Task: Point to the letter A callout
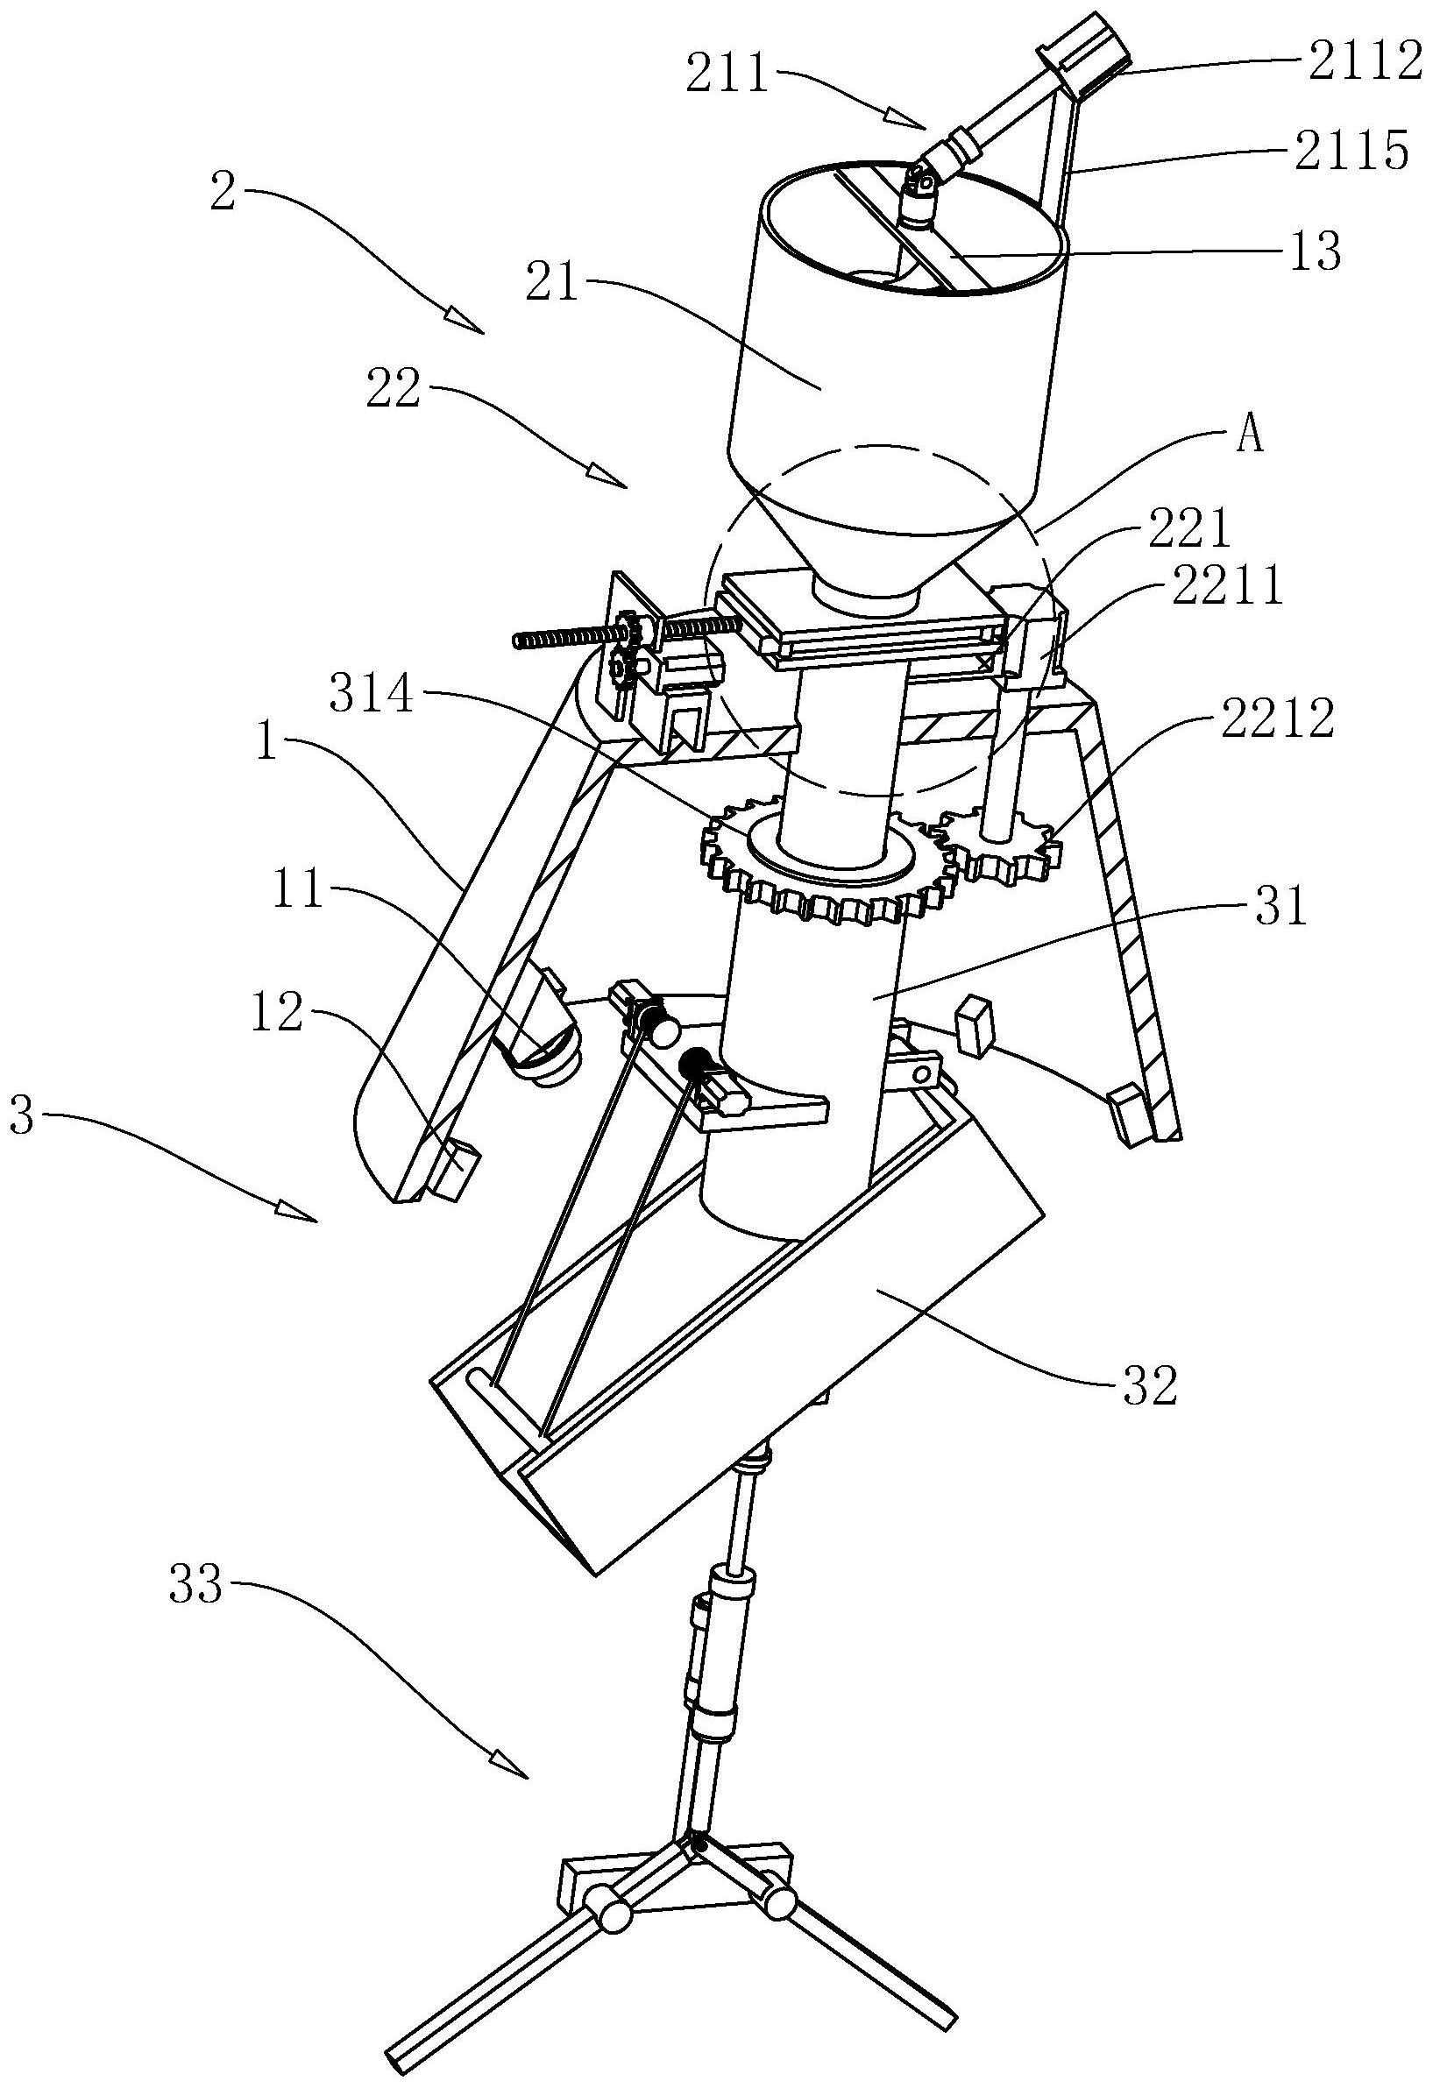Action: (x=1251, y=437)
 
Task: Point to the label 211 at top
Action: (x=727, y=74)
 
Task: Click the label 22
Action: (x=394, y=390)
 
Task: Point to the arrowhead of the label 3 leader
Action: (x=306, y=1218)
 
